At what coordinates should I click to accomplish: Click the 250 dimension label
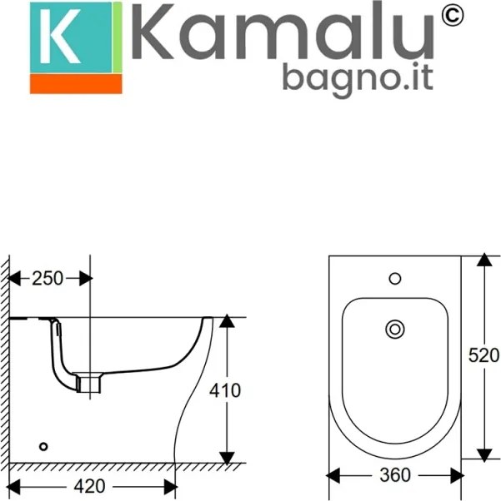coord(48,279)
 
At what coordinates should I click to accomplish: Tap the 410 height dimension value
coord(225,389)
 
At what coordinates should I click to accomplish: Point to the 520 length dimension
coord(483,355)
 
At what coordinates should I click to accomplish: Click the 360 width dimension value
coord(395,475)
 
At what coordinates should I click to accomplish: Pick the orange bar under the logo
coord(76,83)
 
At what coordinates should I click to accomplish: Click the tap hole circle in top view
coord(395,278)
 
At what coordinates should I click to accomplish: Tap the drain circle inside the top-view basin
coord(394,330)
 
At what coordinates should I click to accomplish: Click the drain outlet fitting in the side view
coord(88,383)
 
